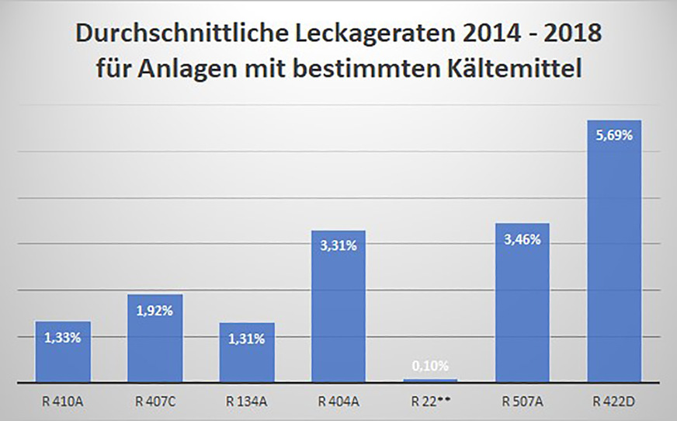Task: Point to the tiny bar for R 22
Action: click(430, 381)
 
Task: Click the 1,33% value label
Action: click(63, 338)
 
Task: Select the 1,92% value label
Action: click(154, 310)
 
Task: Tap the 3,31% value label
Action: click(338, 246)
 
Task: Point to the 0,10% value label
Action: click(430, 366)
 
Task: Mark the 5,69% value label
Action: click(613, 135)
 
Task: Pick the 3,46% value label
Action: click(522, 239)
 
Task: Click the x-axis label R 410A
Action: click(63, 402)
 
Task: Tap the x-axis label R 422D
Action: click(613, 402)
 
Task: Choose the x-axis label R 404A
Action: click(338, 402)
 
